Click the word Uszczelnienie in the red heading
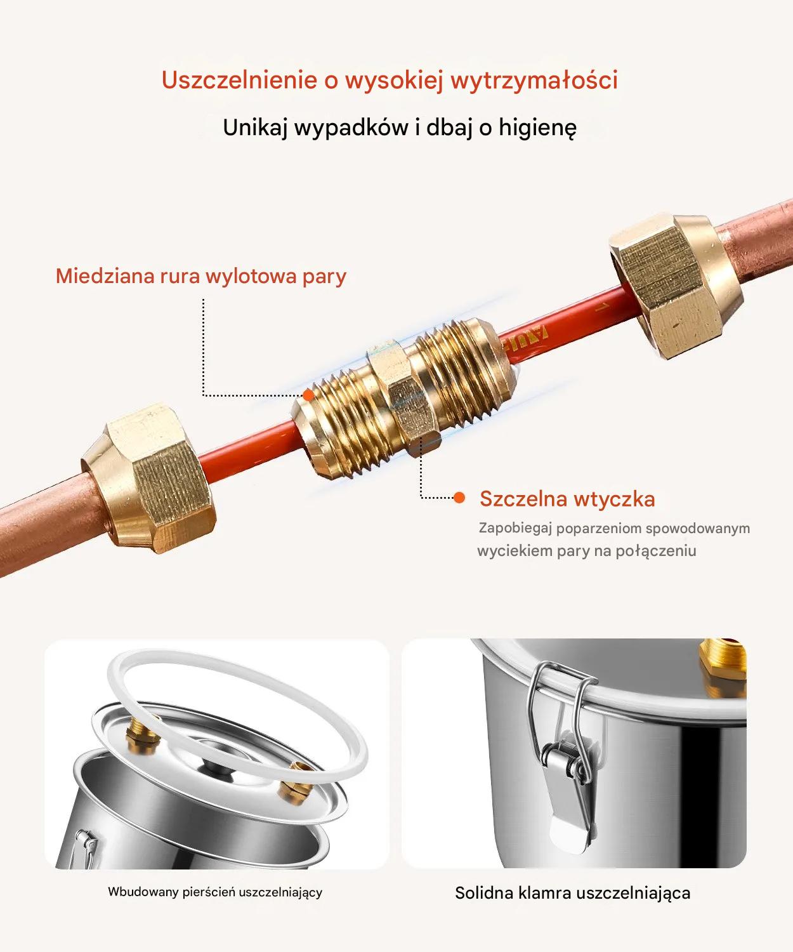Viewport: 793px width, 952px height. [239, 80]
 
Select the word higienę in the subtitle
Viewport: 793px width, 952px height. [537, 128]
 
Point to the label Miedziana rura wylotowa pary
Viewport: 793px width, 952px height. [201, 276]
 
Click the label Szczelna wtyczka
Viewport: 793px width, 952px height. [567, 499]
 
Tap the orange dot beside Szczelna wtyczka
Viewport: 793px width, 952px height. [459, 497]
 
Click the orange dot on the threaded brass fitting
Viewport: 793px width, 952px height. [308, 395]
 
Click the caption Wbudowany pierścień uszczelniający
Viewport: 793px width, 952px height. [215, 892]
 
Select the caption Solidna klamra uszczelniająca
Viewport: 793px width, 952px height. [572, 893]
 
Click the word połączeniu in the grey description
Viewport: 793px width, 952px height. [656, 552]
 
